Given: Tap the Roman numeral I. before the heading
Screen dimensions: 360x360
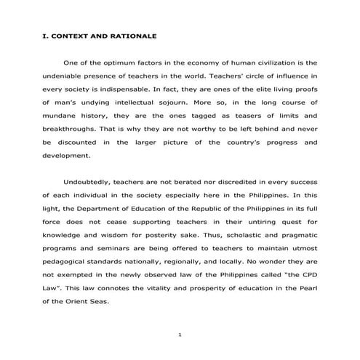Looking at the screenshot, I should coord(46,36).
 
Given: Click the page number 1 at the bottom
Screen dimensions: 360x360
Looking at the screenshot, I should coord(179,334).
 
